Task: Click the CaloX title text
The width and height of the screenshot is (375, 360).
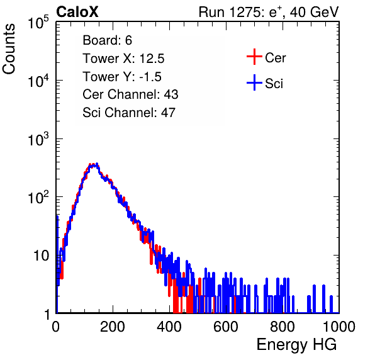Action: coord(77,12)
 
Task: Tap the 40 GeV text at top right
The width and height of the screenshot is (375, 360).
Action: coord(315,12)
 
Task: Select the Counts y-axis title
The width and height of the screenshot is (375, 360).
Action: coord(9,49)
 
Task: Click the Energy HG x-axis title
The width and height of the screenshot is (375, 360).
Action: coord(296,345)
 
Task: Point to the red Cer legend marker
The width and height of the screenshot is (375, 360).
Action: coord(254,57)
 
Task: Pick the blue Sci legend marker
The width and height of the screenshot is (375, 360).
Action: coord(254,82)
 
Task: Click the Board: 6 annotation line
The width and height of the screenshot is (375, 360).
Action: coord(107,40)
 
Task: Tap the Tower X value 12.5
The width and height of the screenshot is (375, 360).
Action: coord(152,59)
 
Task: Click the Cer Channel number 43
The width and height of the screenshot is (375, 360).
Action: coord(171,94)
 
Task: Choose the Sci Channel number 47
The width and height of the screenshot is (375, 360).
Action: coord(168,113)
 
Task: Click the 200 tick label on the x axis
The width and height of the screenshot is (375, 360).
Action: coord(113,327)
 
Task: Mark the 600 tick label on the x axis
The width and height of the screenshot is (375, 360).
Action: coord(225,327)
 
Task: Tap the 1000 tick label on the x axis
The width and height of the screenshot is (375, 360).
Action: coord(339,327)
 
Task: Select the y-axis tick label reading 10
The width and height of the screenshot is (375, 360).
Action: coord(42,256)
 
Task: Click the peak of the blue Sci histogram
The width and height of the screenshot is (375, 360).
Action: coord(97,164)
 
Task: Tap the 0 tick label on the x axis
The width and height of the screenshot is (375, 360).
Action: coord(56,327)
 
